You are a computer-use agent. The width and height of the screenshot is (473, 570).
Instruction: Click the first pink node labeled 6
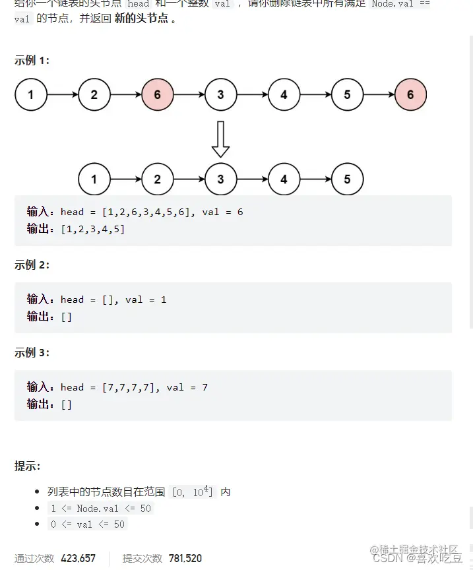click(157, 94)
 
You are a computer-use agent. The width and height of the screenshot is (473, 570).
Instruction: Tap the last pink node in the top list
click(410, 94)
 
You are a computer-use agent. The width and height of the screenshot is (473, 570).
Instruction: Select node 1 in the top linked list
click(31, 94)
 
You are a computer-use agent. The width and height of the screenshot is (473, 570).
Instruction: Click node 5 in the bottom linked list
click(347, 179)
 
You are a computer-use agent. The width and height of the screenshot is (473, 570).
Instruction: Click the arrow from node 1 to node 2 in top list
click(63, 94)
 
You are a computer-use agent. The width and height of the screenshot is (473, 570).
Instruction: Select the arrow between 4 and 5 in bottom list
click(315, 179)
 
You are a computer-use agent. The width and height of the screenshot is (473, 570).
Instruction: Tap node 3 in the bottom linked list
click(220, 179)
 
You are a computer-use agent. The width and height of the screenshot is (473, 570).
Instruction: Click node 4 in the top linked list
click(284, 94)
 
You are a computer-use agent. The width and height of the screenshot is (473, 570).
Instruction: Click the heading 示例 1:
click(32, 60)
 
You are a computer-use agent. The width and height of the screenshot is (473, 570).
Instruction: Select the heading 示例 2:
click(32, 265)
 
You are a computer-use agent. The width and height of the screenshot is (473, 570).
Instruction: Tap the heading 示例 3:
click(32, 352)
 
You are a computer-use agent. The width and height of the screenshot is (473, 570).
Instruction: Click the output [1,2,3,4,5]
click(92, 229)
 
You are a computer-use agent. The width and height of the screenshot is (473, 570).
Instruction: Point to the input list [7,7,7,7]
click(131, 387)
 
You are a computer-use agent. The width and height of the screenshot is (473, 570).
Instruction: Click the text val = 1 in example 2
click(146, 300)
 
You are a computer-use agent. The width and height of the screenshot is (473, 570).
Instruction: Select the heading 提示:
click(27, 466)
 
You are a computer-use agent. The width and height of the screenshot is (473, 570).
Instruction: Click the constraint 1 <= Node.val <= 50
click(100, 508)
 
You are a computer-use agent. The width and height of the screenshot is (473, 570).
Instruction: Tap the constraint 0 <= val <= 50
click(87, 524)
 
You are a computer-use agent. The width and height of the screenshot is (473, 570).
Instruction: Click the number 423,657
click(78, 558)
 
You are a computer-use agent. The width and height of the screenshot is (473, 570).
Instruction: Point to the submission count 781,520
click(185, 558)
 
